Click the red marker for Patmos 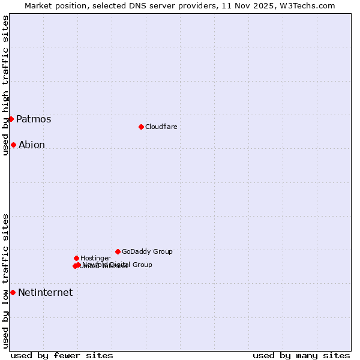(x=11, y=119)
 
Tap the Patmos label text (x=34, y=119)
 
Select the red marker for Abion (x=13, y=145)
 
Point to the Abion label (x=32, y=145)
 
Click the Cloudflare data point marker (x=141, y=127)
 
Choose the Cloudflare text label (x=161, y=127)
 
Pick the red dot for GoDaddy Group (x=118, y=251)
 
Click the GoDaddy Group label (x=147, y=251)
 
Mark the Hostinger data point (x=76, y=258)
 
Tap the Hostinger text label (x=95, y=258)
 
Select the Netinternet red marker (x=13, y=292)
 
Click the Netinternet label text (x=45, y=293)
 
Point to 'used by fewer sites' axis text (x=62, y=355)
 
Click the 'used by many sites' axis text (x=301, y=355)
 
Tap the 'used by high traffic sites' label (x=5, y=86)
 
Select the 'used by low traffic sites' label (x=5, y=281)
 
